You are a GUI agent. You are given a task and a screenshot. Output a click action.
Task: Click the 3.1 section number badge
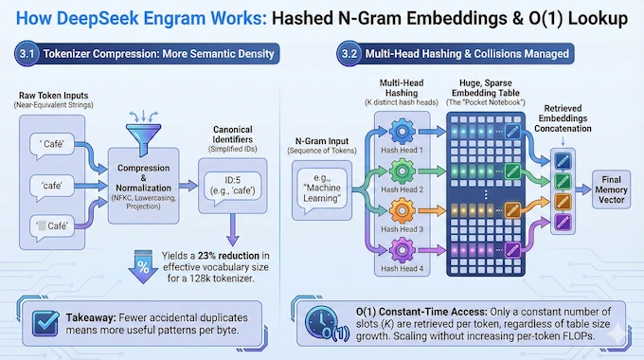[x=28, y=54]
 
